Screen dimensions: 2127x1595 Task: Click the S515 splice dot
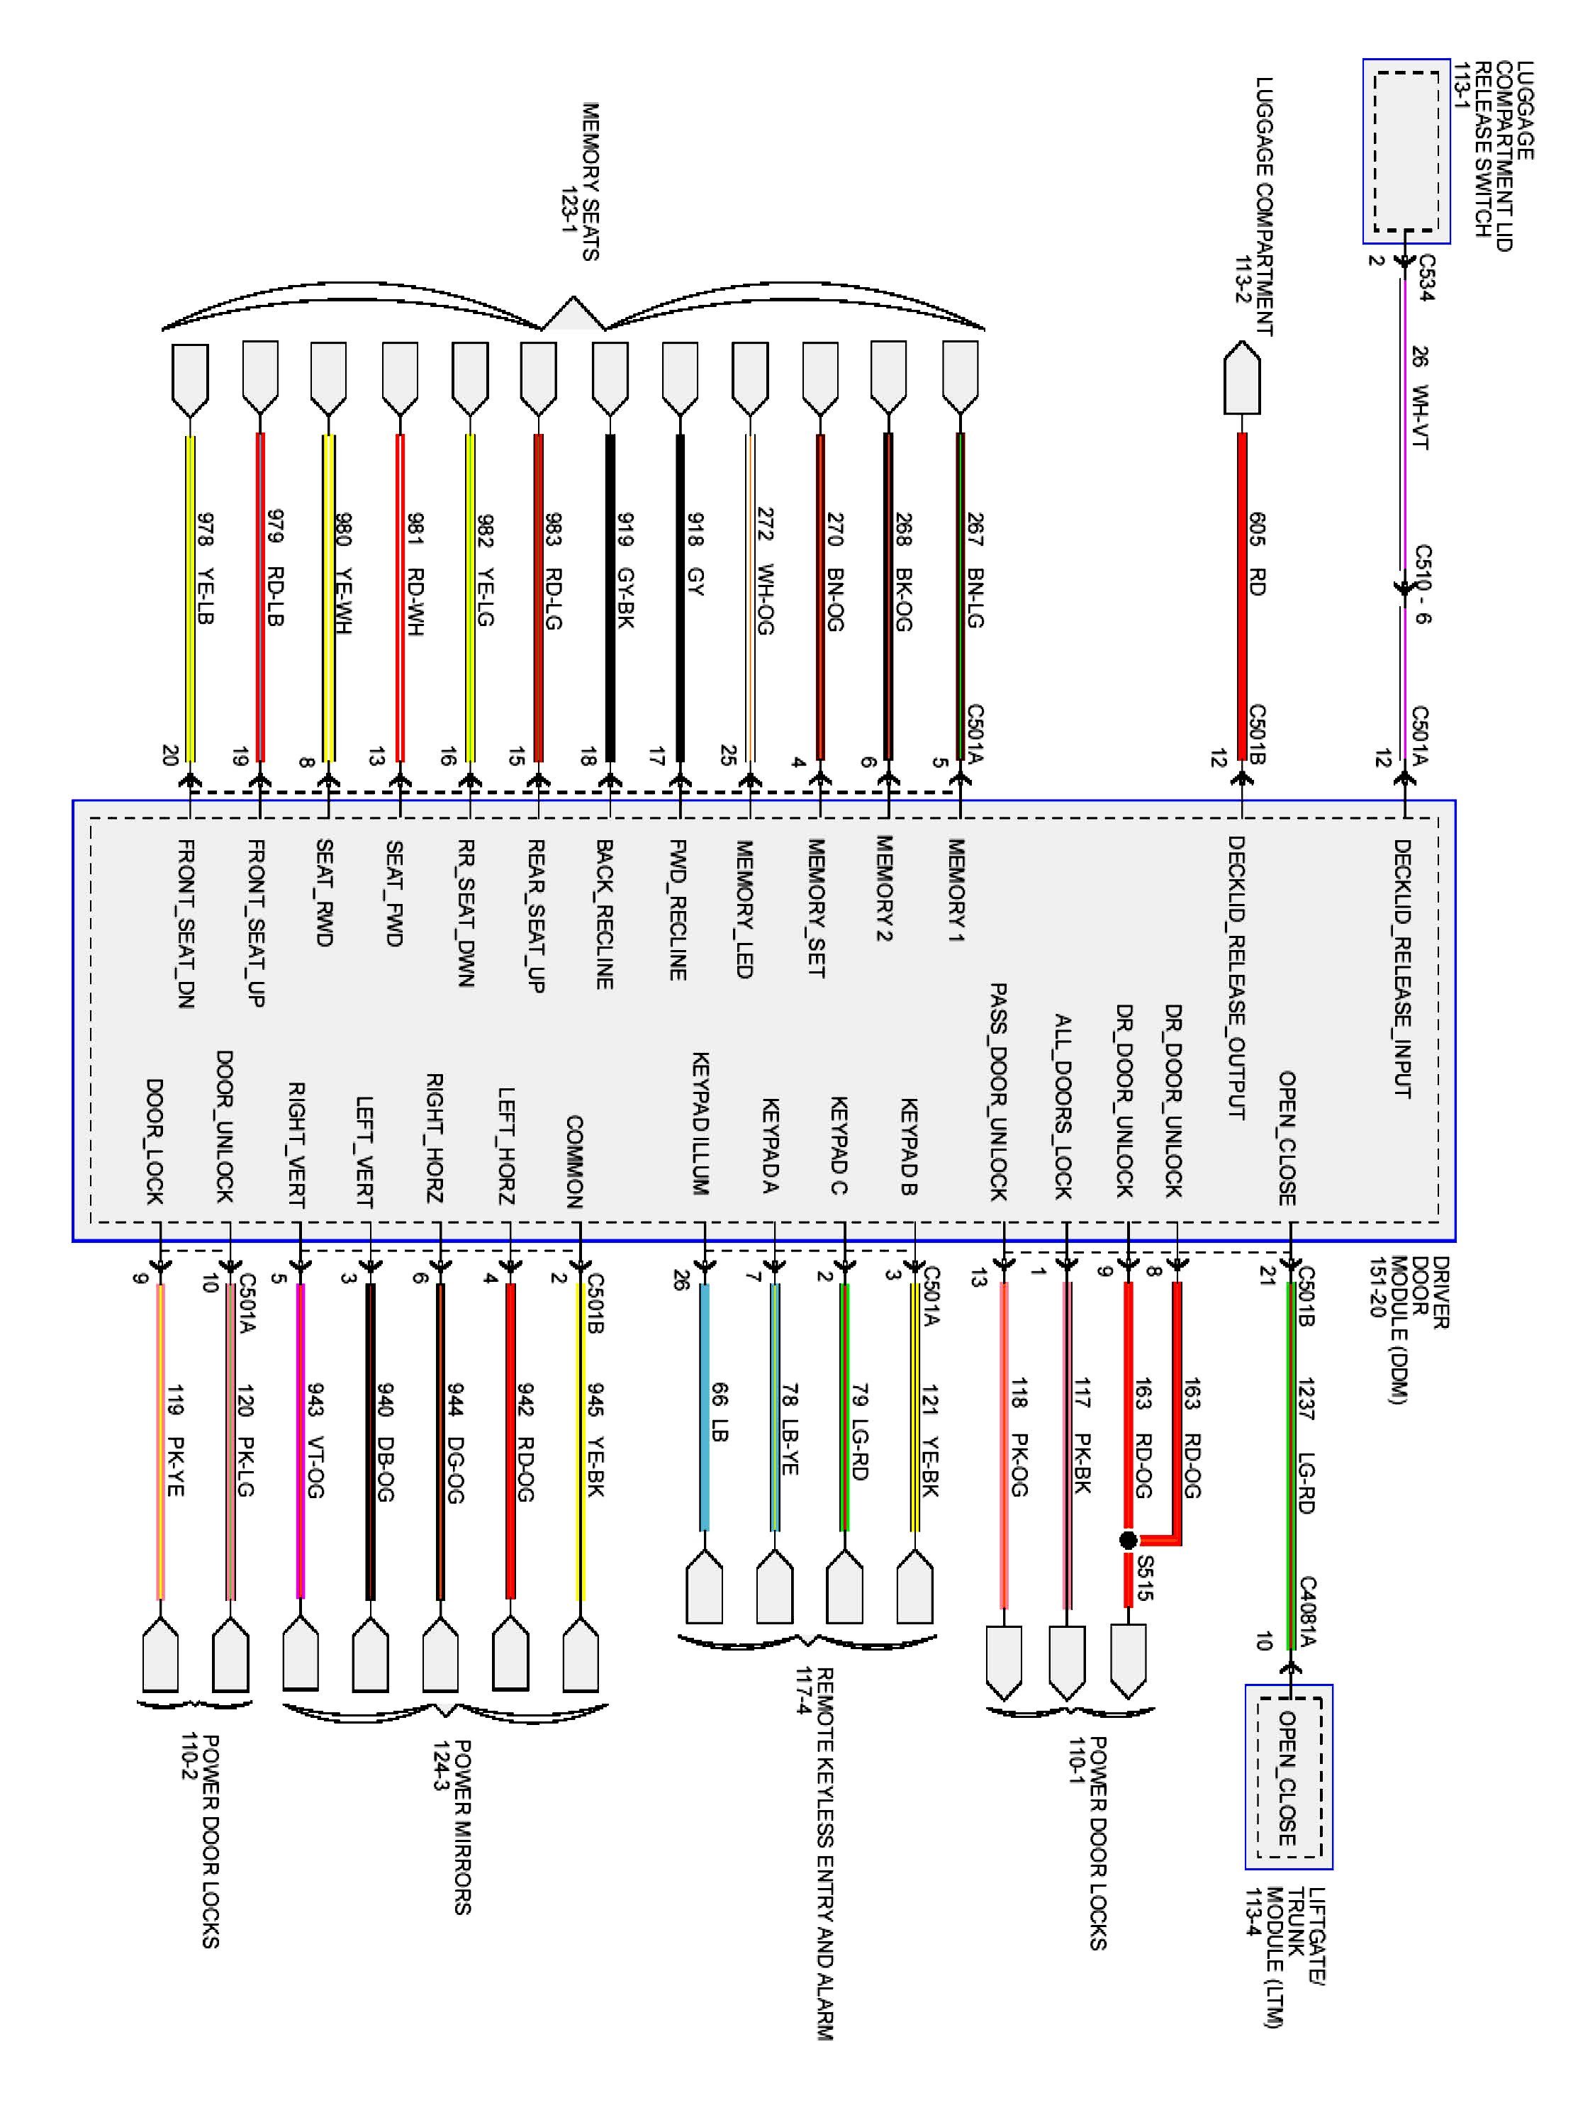[1129, 1539]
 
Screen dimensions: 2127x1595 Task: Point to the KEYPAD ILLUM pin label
[701, 1122]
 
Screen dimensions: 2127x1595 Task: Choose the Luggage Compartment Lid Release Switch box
[1406, 151]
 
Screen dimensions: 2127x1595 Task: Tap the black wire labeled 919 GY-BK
[610, 596]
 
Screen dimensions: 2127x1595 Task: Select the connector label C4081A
[1307, 1611]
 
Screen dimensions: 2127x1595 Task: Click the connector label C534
[1427, 278]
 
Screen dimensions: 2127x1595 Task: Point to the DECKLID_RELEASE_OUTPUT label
[1236, 977]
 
